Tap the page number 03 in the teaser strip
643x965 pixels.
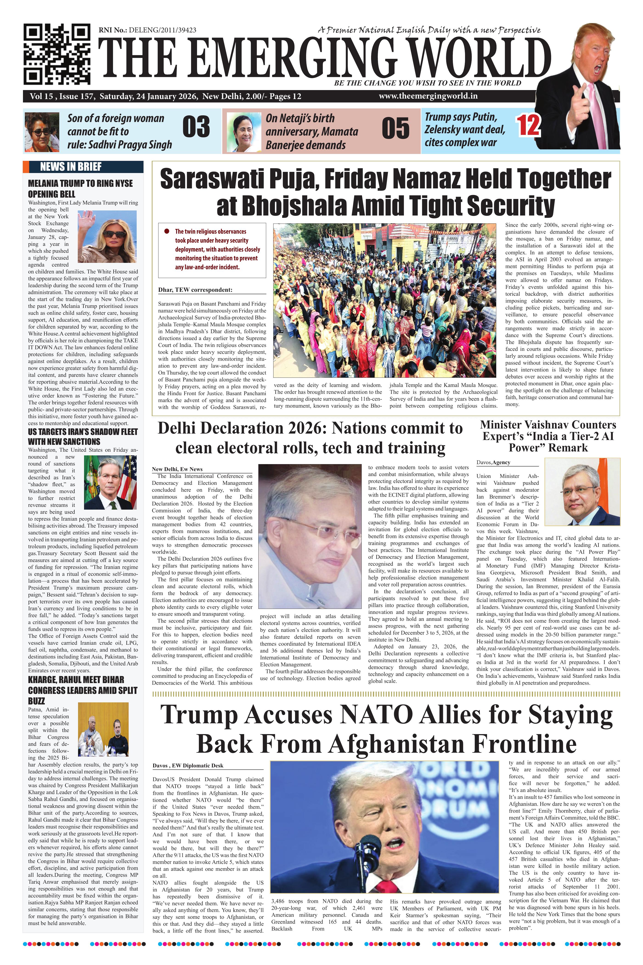pos(196,127)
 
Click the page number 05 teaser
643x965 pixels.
pos(395,128)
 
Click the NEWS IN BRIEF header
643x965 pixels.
pos(71,167)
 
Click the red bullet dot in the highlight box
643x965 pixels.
pos(166,231)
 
